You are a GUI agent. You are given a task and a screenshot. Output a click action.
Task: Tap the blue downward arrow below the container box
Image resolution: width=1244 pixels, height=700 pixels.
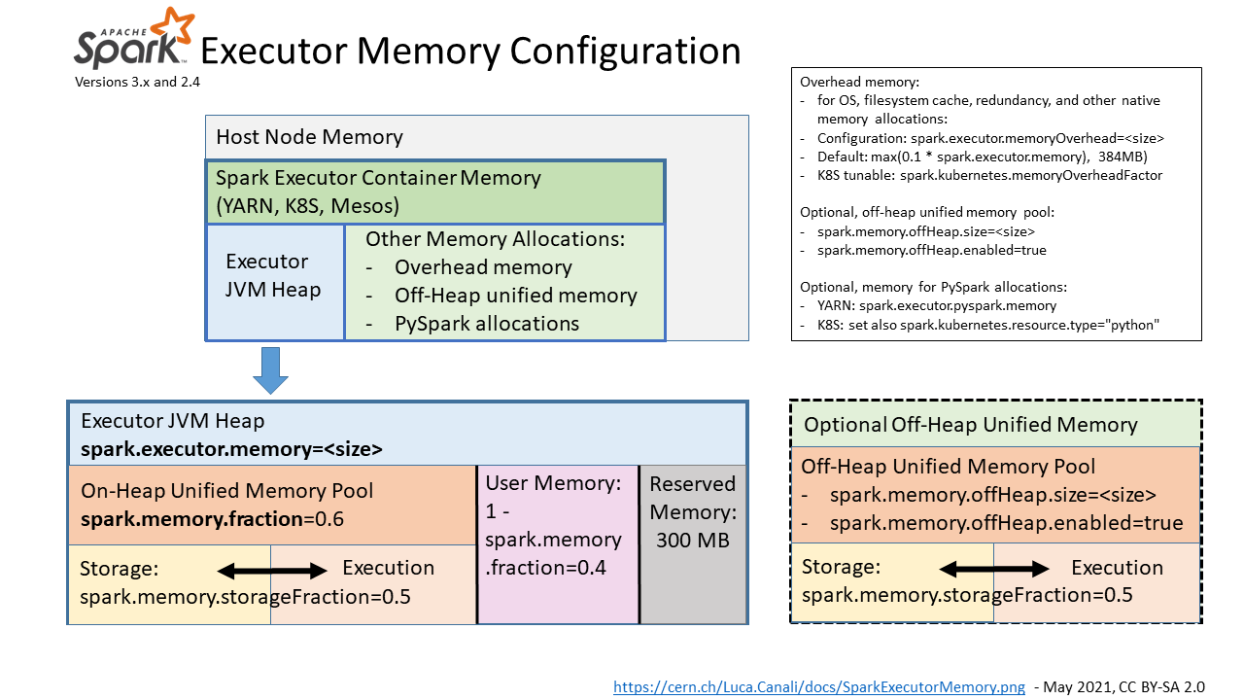270,370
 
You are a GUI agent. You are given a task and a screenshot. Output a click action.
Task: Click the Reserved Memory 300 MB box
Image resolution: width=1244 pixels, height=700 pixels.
693,543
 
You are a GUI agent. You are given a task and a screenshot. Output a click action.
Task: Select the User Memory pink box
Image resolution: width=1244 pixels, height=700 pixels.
557,543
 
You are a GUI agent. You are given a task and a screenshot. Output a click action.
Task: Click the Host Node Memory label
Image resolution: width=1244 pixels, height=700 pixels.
309,137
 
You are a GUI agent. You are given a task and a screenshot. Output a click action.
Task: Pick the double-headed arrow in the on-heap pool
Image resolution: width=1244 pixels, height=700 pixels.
272,570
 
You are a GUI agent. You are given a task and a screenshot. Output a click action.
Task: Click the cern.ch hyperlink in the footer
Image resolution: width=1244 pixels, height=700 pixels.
818,686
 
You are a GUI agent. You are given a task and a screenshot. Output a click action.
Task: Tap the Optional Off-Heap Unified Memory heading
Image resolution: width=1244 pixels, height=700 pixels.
970,425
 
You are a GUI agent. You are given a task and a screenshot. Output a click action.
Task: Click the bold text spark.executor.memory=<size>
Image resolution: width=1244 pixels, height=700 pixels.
231,449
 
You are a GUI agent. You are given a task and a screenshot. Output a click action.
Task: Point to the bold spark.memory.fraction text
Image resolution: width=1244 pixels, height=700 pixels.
191,519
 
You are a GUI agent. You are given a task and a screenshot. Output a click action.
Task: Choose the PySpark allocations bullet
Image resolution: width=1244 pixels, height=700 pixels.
486,324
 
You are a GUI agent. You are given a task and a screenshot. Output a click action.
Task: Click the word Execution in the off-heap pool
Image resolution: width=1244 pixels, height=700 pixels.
1117,568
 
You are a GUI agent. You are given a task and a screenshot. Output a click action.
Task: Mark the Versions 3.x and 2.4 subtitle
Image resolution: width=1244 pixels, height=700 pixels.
137,83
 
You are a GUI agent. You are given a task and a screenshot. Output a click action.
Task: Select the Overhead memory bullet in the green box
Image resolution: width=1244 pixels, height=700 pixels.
482,267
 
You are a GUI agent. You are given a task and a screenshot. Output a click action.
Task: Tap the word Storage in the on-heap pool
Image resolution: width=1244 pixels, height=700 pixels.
120,568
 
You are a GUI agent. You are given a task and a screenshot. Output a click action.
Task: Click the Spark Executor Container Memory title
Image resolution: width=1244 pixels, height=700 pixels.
378,179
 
